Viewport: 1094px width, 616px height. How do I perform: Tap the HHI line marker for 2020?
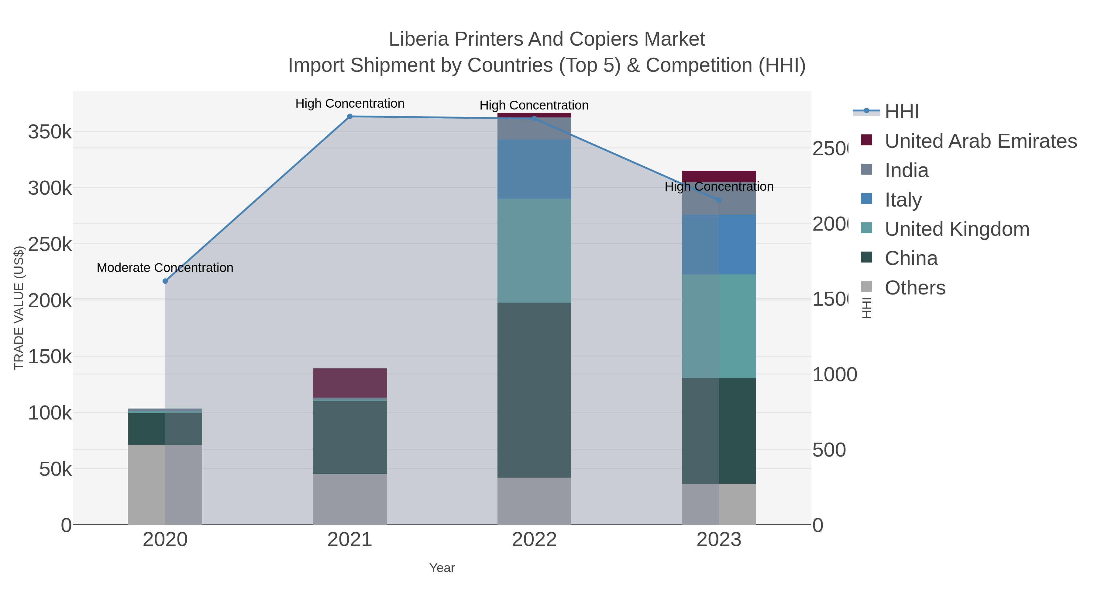165,281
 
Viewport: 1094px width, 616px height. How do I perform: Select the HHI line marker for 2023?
719,200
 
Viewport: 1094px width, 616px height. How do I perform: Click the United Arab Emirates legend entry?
980,141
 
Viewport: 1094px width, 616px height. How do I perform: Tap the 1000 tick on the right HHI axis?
834,374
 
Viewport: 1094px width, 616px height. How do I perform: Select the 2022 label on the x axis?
534,539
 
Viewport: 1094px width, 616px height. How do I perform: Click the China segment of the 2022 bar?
534,390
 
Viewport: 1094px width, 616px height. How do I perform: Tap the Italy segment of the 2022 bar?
534,169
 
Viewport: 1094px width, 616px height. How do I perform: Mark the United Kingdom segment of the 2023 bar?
719,326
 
